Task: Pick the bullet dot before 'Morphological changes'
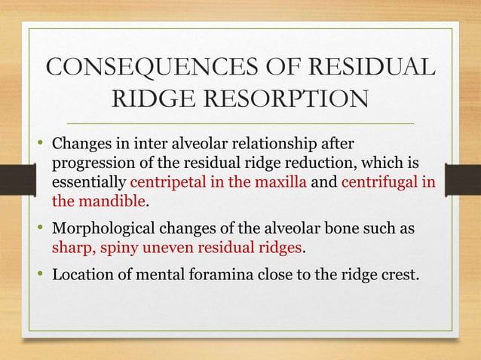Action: (41, 230)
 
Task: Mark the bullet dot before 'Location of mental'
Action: (41, 273)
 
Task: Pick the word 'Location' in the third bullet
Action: (80, 273)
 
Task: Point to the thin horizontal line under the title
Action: (240, 123)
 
